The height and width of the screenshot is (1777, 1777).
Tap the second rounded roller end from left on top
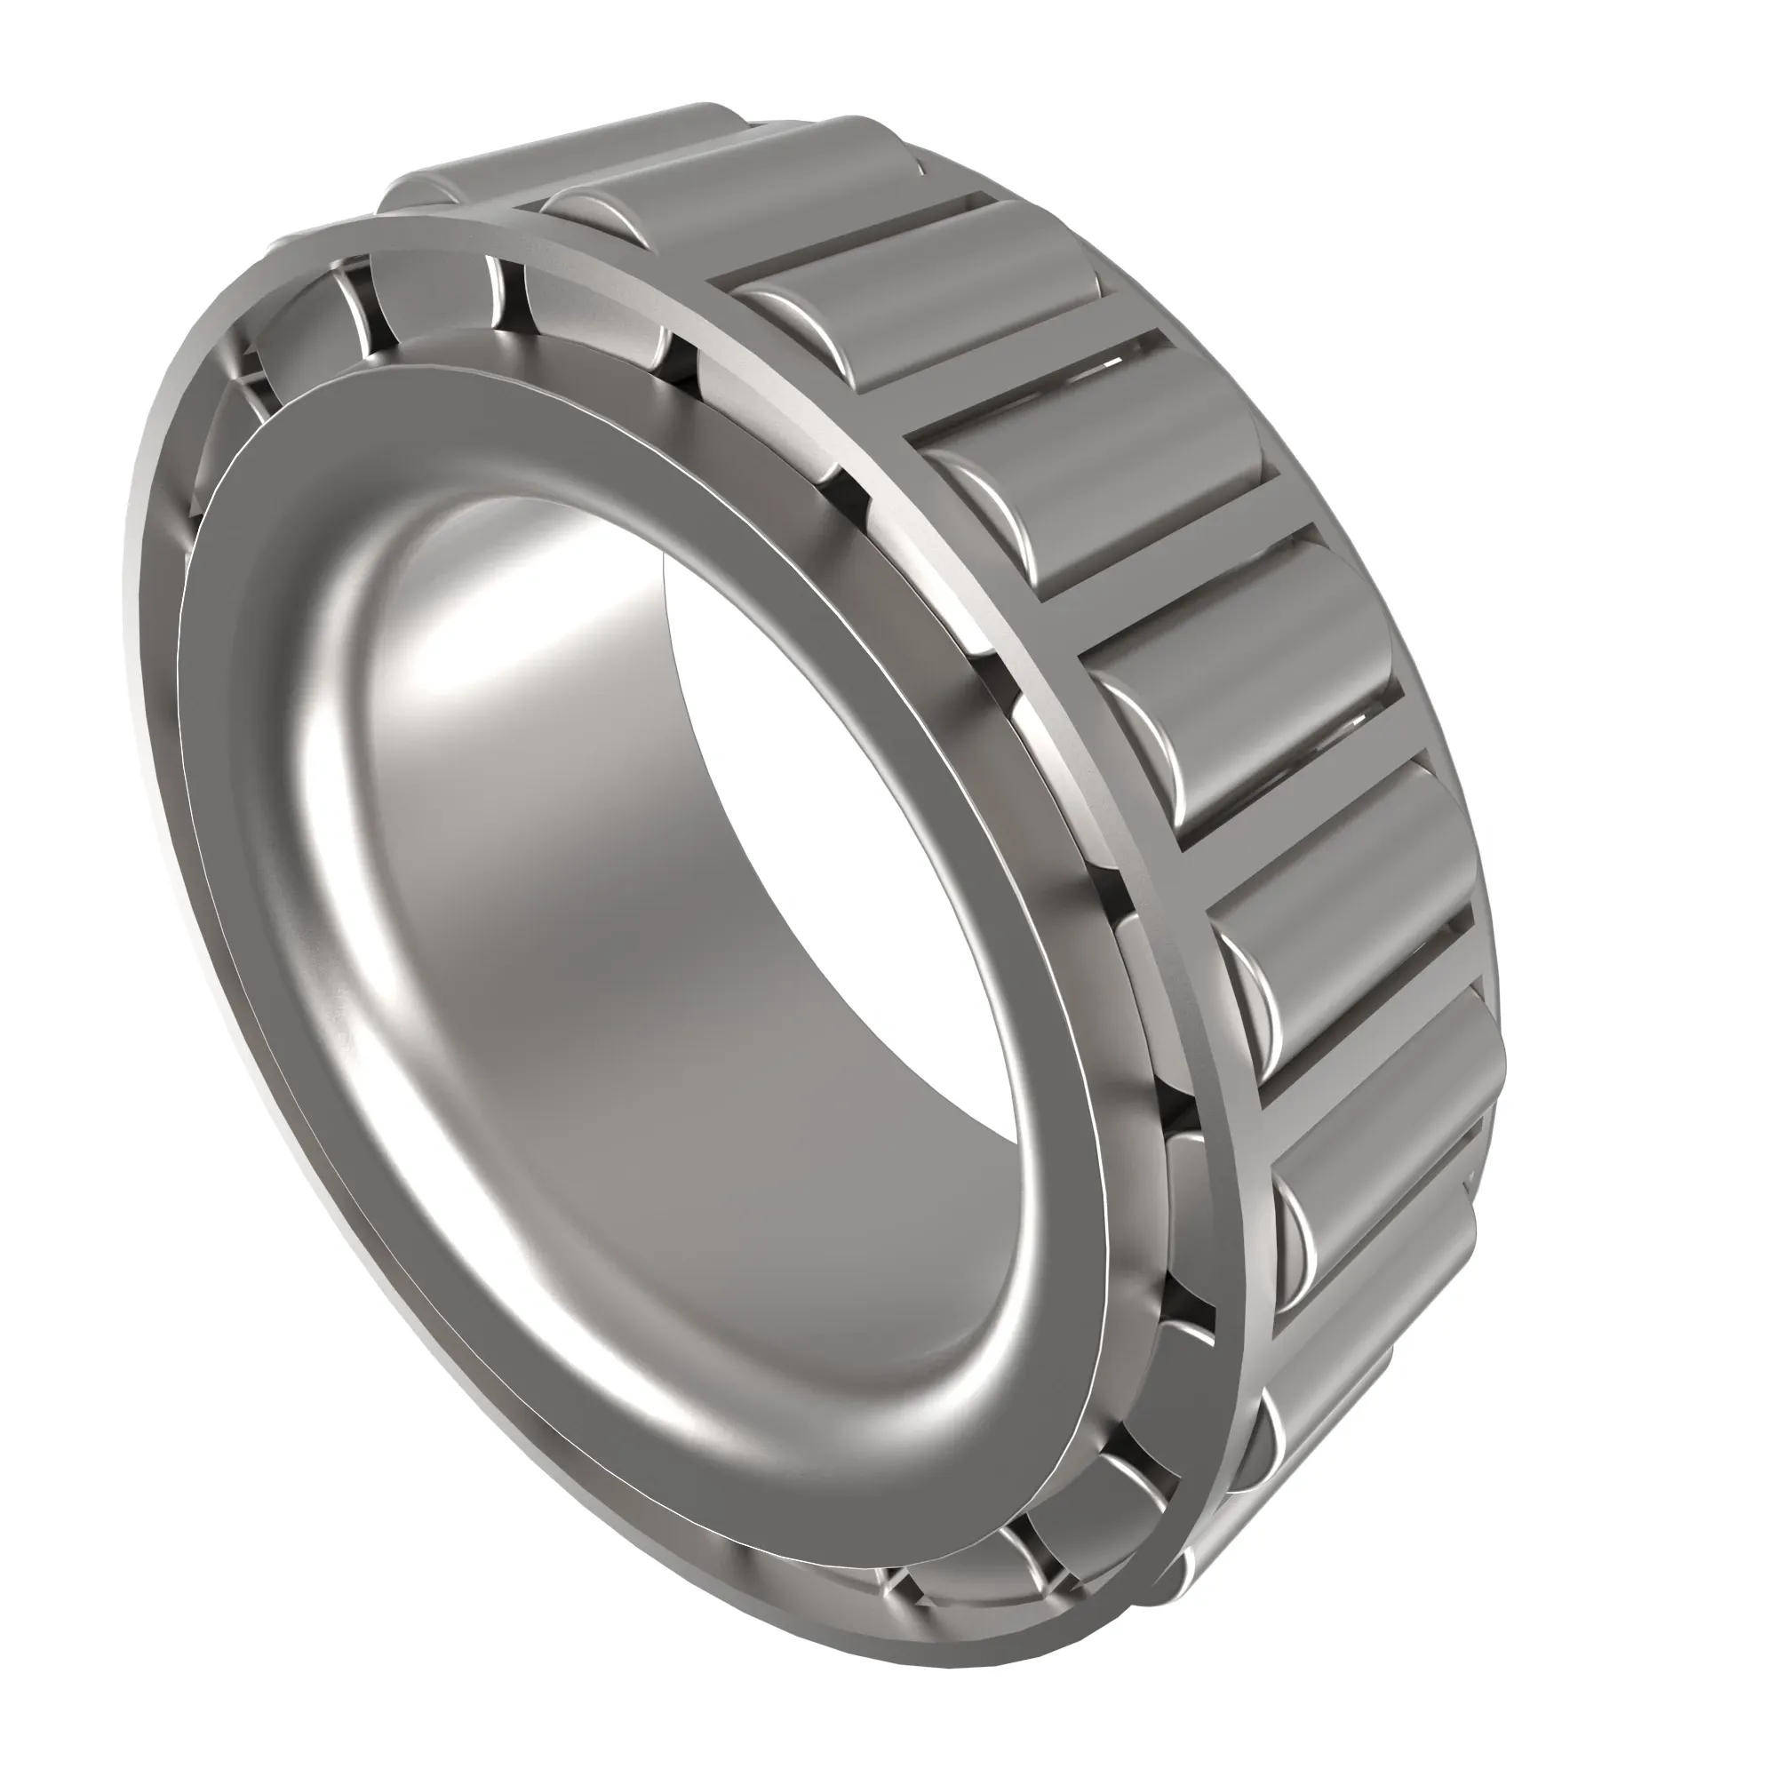(589, 211)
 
